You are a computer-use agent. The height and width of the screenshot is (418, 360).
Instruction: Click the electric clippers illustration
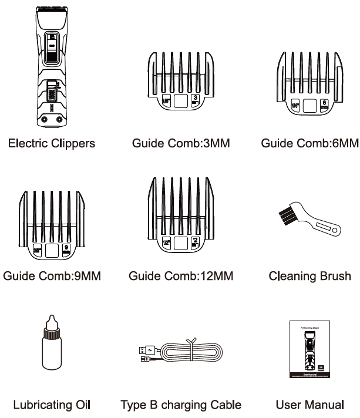(49, 70)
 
